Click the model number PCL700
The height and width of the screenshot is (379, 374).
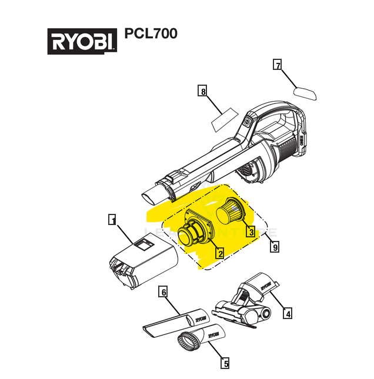(x=151, y=34)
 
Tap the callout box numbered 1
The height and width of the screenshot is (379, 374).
(x=112, y=220)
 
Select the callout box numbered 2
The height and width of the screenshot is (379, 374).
(x=219, y=253)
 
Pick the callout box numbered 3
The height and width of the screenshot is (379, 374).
(x=251, y=232)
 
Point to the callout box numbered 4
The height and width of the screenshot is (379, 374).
(x=287, y=313)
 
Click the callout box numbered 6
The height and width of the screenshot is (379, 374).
(x=164, y=292)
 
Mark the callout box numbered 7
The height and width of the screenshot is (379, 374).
(x=278, y=65)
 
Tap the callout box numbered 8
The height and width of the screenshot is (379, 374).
(x=203, y=91)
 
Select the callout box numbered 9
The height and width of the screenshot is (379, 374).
(x=275, y=247)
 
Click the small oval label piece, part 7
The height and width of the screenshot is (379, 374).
(x=305, y=92)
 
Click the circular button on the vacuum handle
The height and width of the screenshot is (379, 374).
(x=246, y=122)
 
